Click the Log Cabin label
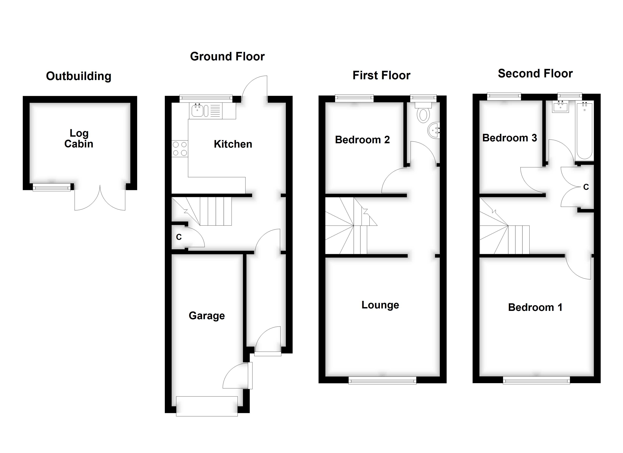point(79,139)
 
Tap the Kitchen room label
point(233,144)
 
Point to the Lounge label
point(380,305)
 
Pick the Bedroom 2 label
point(362,140)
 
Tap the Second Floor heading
point(535,74)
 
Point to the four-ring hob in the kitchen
point(180,149)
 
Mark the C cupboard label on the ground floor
point(179,237)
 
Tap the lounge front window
point(382,381)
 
